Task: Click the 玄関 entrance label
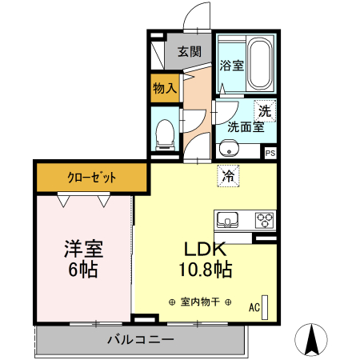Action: (189, 52)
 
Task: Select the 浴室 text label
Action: (231, 66)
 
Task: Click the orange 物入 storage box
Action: (166, 88)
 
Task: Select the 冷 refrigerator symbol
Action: (228, 174)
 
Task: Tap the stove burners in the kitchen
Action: (265, 219)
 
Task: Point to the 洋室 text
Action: (83, 248)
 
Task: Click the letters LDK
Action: (208, 250)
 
